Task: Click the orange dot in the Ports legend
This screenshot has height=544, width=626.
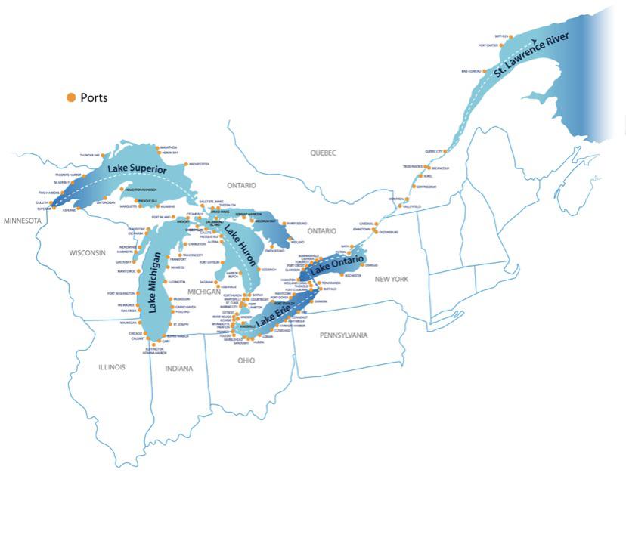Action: click(x=71, y=97)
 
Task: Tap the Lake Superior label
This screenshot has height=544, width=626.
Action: click(x=137, y=169)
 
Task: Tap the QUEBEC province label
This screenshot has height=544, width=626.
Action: click(x=322, y=153)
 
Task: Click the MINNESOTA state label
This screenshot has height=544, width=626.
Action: click(x=23, y=221)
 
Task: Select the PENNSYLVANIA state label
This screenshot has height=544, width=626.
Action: click(x=343, y=335)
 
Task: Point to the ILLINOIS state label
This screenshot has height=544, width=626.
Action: click(x=112, y=367)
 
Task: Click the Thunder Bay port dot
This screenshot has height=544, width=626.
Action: click(x=104, y=156)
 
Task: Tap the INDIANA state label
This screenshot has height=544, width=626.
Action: click(x=180, y=369)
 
